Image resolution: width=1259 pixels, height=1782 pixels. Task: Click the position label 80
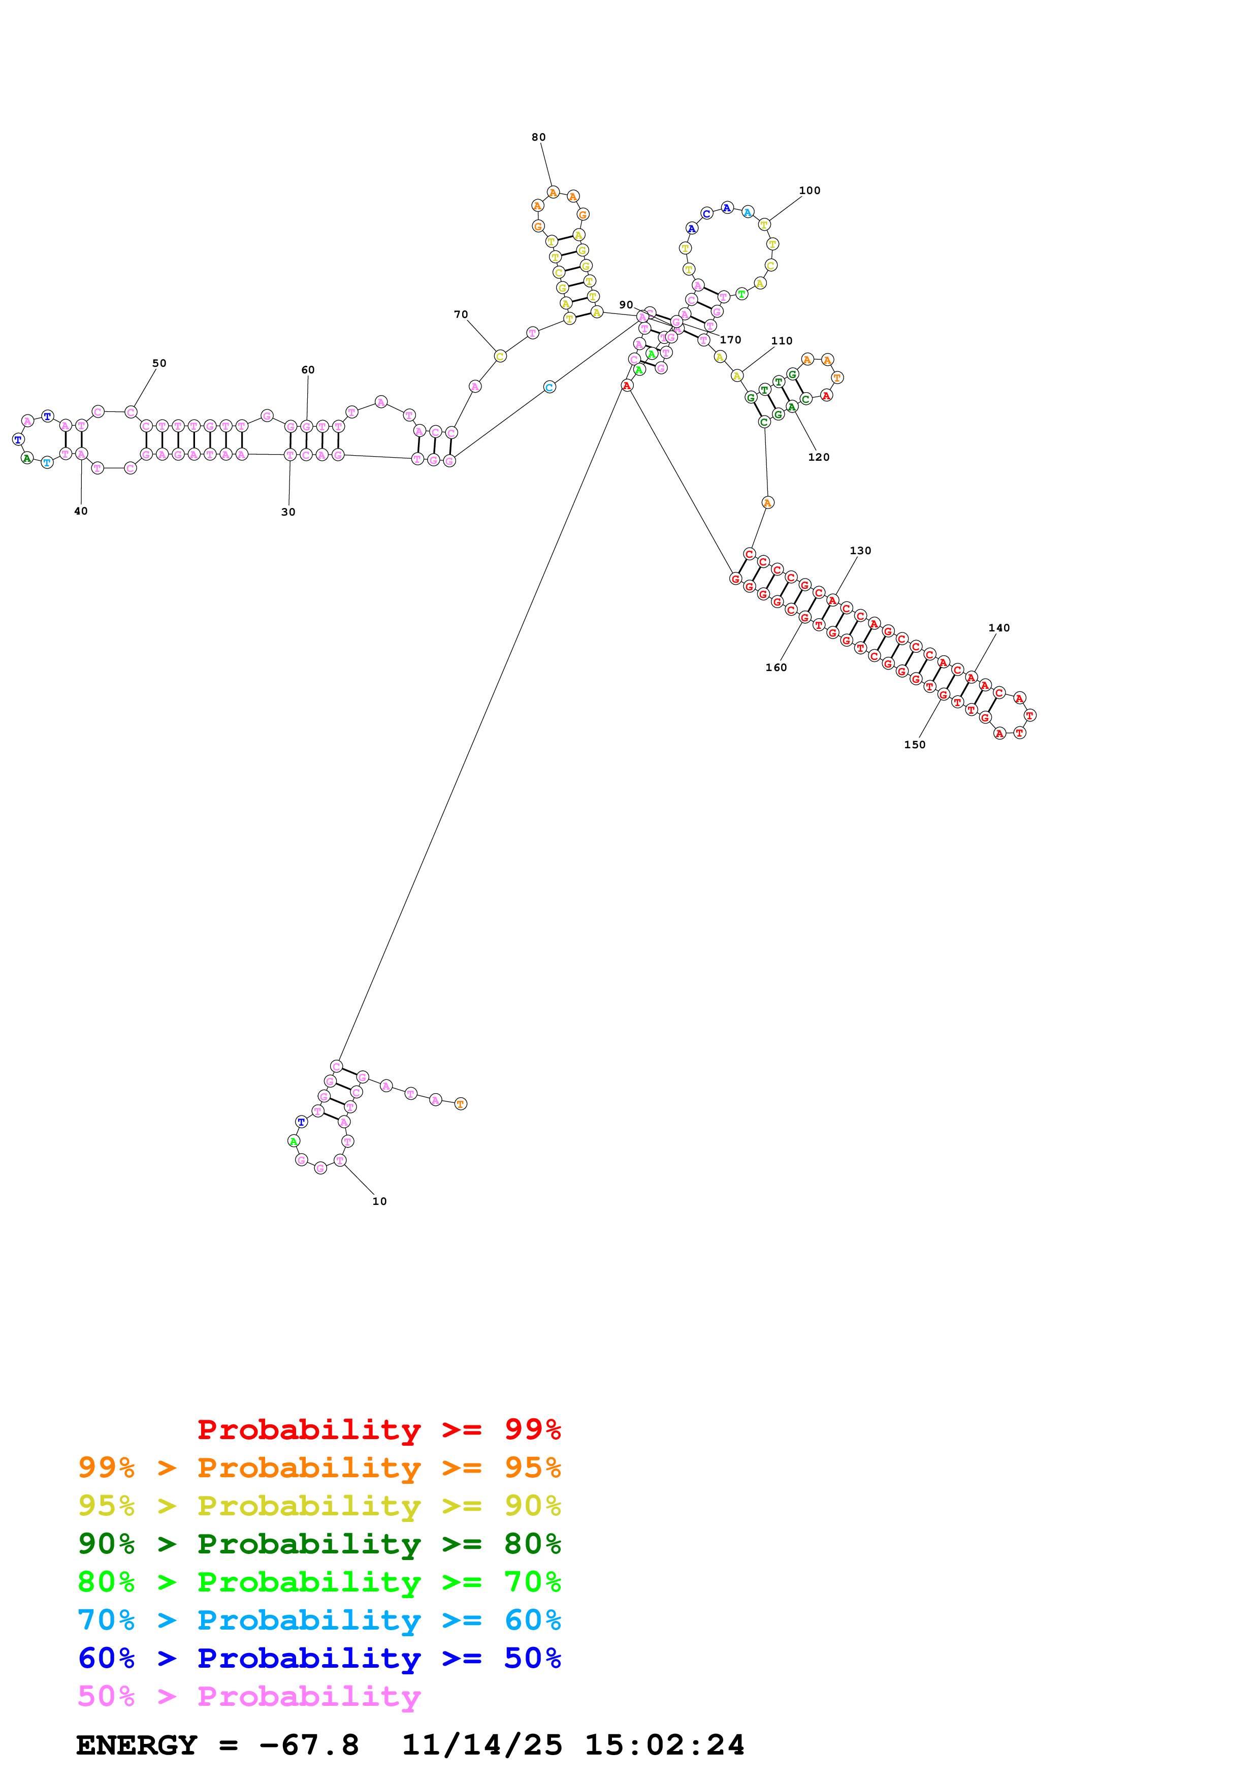coord(538,137)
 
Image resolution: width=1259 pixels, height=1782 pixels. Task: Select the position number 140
coord(998,628)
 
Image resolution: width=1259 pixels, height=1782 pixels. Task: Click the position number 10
coord(379,1201)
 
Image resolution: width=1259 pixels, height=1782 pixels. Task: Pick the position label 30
coord(288,512)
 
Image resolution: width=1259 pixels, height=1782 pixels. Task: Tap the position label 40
coord(81,512)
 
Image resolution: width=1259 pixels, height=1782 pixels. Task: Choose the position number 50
coord(159,363)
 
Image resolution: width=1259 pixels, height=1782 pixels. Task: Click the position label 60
coord(308,370)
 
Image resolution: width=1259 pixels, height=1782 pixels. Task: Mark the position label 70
coord(461,314)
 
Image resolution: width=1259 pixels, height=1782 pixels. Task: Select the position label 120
coord(818,457)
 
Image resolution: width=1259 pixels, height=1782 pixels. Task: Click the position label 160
coord(776,667)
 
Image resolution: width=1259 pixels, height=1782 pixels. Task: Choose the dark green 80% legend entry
coord(319,1544)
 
